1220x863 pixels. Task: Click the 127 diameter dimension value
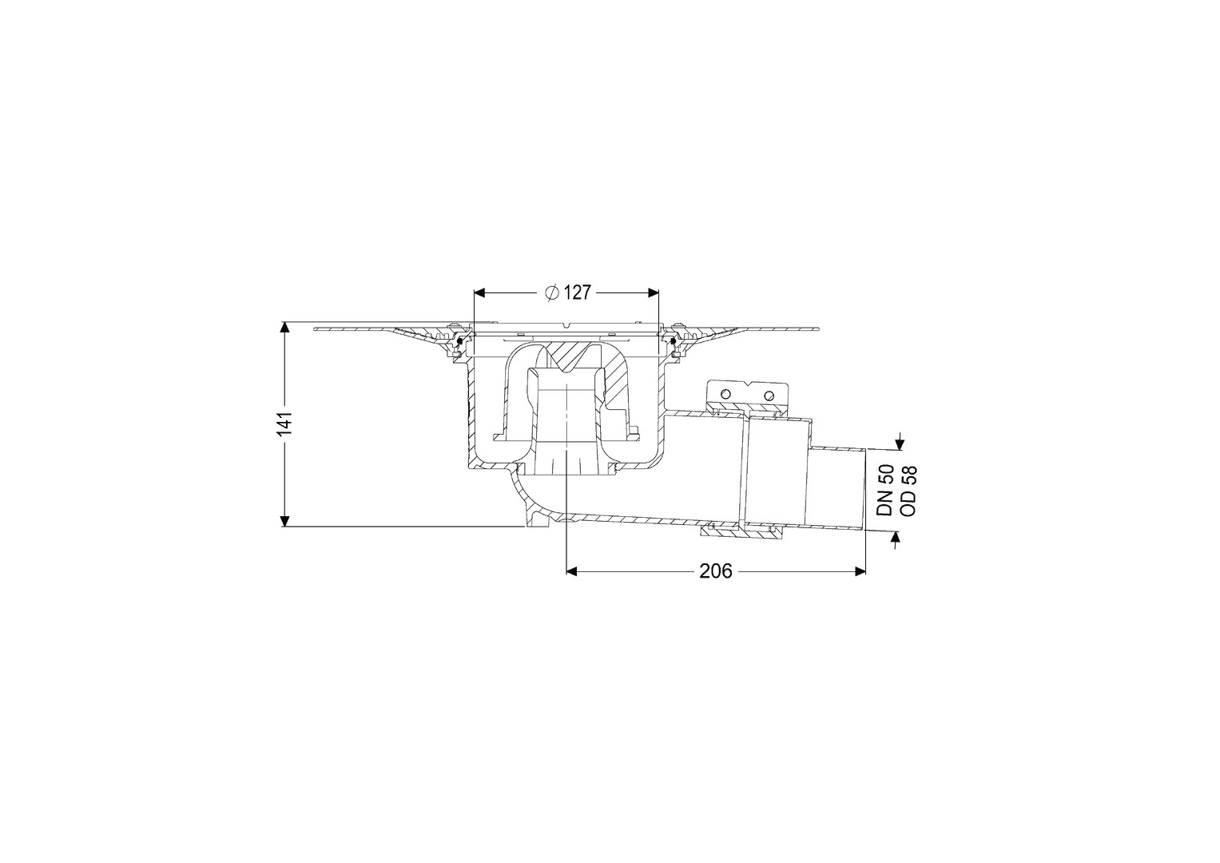point(578,293)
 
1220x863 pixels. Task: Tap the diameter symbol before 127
point(552,293)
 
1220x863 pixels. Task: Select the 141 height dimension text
point(285,424)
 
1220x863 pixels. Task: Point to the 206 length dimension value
point(716,571)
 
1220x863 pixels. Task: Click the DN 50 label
point(885,491)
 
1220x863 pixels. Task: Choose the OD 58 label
point(909,491)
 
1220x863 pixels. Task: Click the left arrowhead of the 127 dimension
point(480,293)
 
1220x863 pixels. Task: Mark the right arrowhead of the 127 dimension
point(654,293)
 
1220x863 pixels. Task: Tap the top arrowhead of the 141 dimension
point(284,327)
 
